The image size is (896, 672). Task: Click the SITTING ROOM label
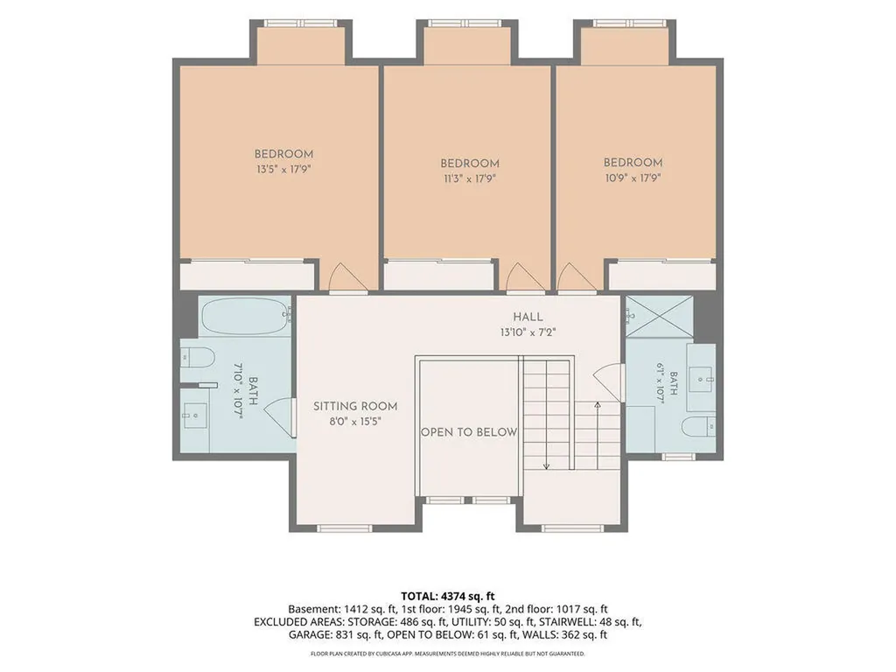pos(355,406)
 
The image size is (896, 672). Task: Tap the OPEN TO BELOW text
pos(469,432)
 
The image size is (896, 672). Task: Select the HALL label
pos(528,317)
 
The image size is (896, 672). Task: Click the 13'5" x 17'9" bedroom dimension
pos(283,169)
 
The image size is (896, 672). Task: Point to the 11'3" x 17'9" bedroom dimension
pos(470,178)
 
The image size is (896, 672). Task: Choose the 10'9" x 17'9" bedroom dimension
pos(633,178)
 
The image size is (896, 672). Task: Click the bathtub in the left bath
pos(246,316)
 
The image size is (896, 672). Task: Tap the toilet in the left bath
pos(197,358)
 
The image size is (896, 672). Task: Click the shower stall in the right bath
pos(660,316)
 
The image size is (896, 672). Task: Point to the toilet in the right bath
pos(698,426)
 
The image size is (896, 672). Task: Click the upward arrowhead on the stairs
pos(597,405)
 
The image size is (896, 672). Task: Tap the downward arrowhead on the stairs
pos(546,466)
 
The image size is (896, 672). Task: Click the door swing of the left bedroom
pos(347,278)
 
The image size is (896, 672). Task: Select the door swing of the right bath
pos(607,381)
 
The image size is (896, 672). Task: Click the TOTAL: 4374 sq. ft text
pos(447,597)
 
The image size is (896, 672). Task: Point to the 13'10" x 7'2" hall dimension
pos(528,332)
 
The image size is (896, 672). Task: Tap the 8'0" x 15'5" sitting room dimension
pos(355,422)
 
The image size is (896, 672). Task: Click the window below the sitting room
pos(345,528)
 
